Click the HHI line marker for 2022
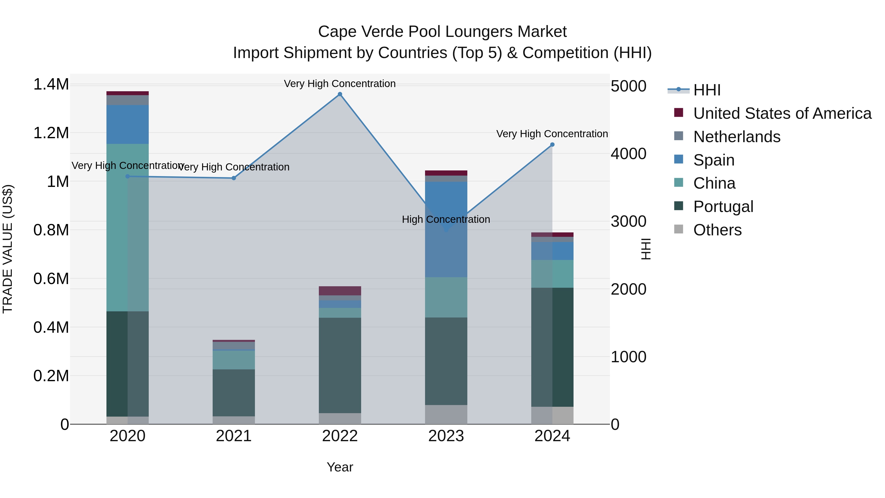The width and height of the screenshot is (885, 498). (x=340, y=94)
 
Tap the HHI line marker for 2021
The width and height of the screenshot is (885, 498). (x=234, y=178)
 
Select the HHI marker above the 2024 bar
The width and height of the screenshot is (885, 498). (x=552, y=145)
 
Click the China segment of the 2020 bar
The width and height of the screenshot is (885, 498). (x=127, y=227)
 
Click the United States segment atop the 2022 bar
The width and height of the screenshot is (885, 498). (x=340, y=290)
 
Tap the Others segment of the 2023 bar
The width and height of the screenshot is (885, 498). (x=446, y=414)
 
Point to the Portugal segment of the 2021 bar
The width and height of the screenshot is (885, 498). (x=234, y=392)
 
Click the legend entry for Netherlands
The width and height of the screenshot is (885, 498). (x=737, y=137)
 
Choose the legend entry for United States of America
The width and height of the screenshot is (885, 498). (x=782, y=113)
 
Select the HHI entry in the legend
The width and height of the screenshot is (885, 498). (x=707, y=90)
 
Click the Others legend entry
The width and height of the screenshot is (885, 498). (x=717, y=230)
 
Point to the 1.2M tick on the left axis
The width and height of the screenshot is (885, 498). (x=51, y=133)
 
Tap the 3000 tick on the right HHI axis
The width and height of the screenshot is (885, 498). (x=628, y=221)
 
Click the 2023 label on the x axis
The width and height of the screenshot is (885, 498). (x=446, y=436)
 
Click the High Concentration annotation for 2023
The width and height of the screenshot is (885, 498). (x=446, y=219)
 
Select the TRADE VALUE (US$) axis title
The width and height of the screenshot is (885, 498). (x=8, y=249)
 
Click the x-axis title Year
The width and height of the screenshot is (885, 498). (x=340, y=467)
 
